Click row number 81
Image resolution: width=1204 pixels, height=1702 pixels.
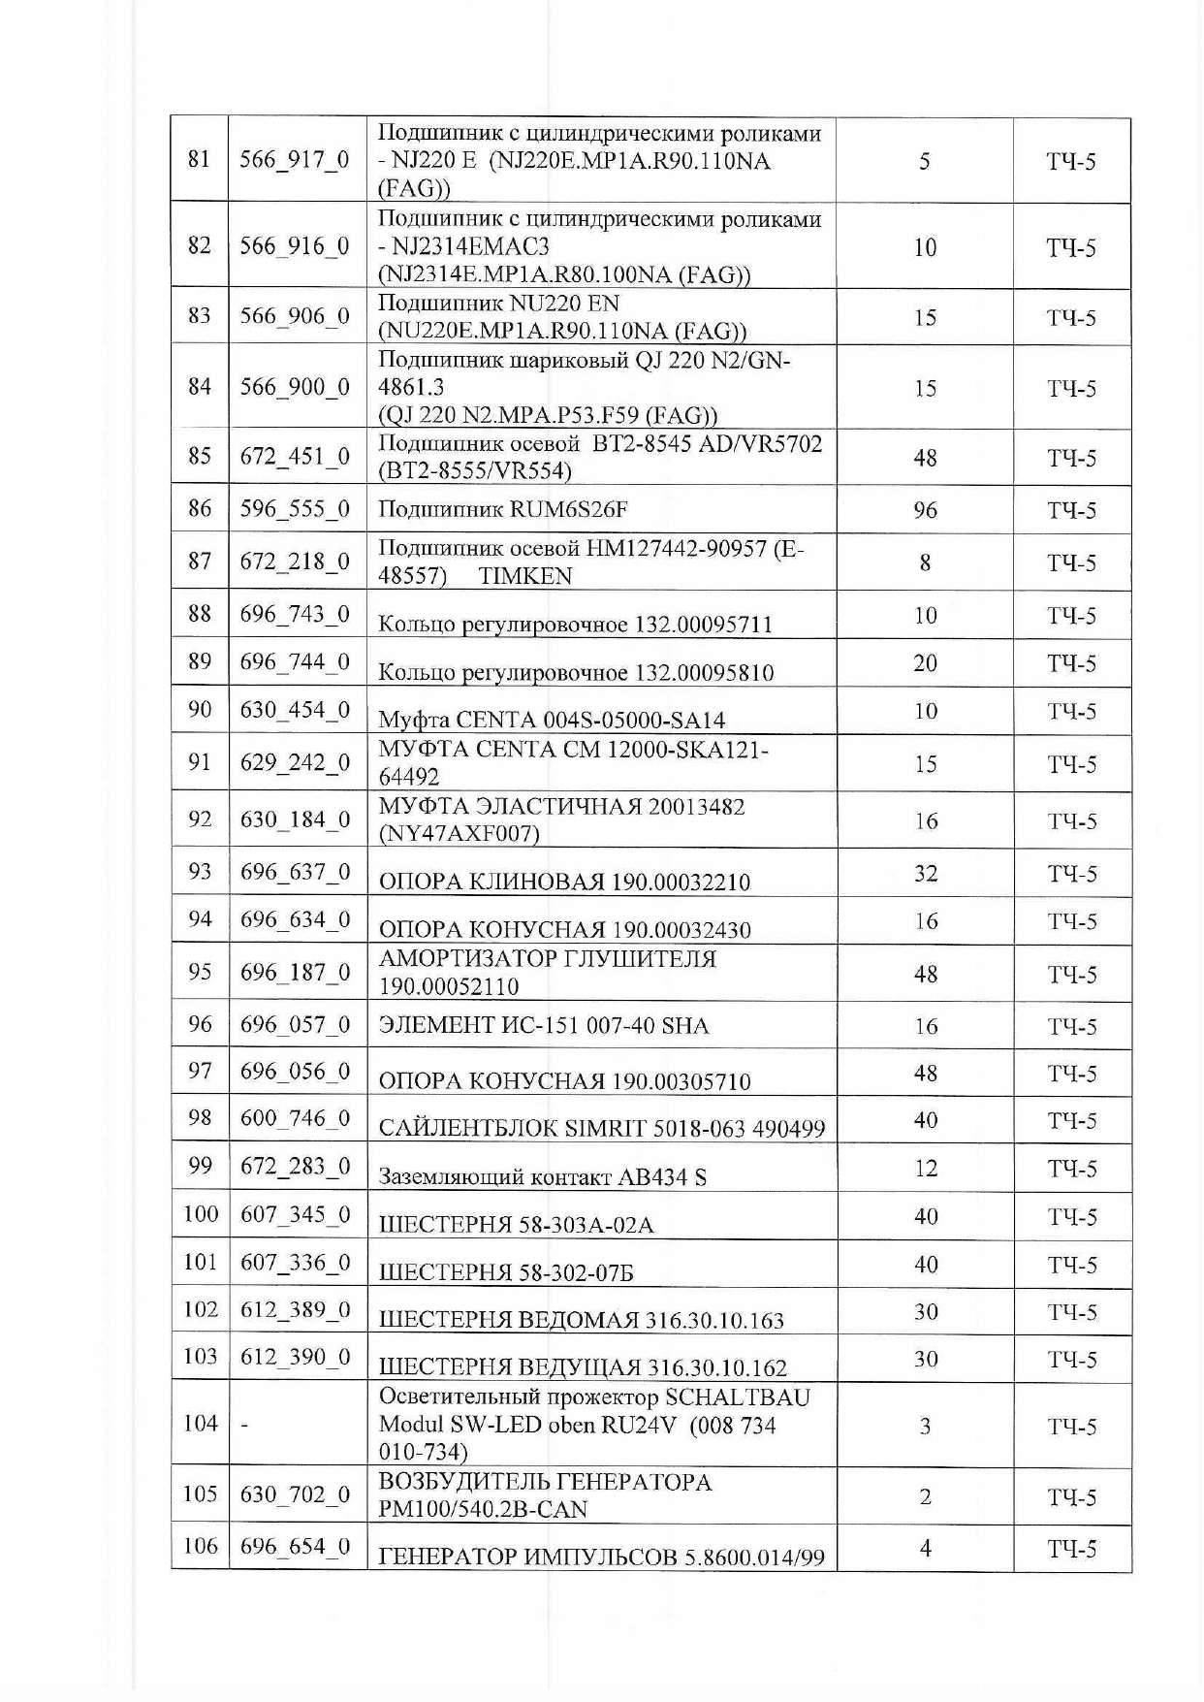coord(199,159)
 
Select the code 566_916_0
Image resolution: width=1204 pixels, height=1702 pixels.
coord(295,246)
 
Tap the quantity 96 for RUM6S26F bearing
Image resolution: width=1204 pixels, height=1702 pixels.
coord(925,510)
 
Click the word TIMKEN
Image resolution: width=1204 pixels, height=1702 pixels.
coord(524,576)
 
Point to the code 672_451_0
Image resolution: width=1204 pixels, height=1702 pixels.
coord(295,457)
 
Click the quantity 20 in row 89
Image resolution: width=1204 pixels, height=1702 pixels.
coord(925,663)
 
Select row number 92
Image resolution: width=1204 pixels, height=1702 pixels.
coord(199,819)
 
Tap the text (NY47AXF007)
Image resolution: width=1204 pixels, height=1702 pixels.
coord(459,833)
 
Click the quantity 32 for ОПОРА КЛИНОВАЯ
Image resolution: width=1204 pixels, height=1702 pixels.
coord(925,874)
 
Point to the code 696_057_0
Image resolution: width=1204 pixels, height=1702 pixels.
coord(295,1025)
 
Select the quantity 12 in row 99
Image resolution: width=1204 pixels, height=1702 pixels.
coord(925,1168)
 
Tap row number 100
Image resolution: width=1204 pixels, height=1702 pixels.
coord(200,1214)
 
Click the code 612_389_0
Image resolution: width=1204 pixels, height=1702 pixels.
coord(295,1310)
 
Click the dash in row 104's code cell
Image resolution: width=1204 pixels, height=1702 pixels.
coord(244,1425)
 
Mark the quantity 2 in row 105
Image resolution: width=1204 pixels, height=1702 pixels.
coord(925,1496)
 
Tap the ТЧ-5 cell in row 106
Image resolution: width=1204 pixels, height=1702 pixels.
coord(1071,1549)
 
